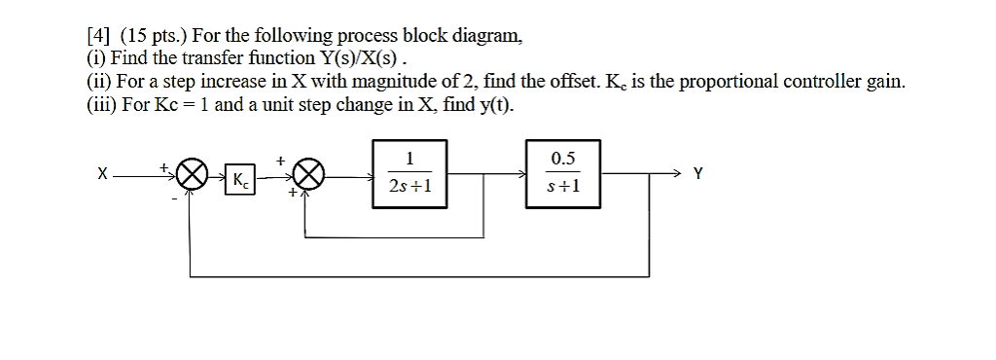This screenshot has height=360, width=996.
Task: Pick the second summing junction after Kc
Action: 307,176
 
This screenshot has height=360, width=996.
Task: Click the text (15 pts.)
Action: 147,37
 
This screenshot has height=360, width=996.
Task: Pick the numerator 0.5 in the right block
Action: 563,159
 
